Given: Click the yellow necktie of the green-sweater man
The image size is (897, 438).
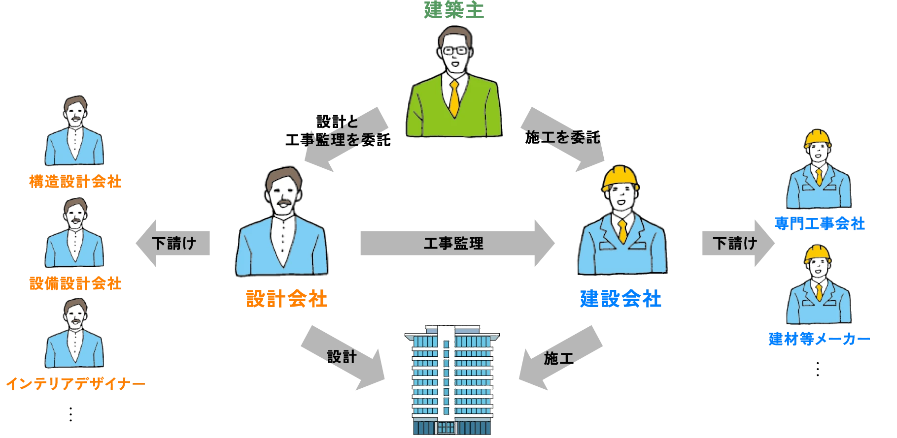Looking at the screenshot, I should pyautogui.click(x=454, y=98).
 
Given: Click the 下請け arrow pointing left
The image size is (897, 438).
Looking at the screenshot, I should pyautogui.click(x=173, y=243).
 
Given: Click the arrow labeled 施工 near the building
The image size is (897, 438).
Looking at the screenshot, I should pyautogui.click(x=559, y=358).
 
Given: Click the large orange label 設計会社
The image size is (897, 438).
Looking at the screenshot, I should pyautogui.click(x=286, y=299).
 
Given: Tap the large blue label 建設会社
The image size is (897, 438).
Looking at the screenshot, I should pyautogui.click(x=621, y=299).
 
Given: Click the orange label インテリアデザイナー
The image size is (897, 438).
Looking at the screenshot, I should pyautogui.click(x=75, y=384).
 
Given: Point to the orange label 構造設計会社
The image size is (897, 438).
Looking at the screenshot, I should pyautogui.click(x=75, y=182).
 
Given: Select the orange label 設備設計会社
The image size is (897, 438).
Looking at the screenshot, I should pyautogui.click(x=75, y=283).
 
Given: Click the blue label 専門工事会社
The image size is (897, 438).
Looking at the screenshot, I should pyautogui.click(x=820, y=224).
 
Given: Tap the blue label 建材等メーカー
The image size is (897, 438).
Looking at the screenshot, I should pyautogui.click(x=819, y=339).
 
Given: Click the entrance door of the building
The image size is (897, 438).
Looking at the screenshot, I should pyautogui.click(x=446, y=427).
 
